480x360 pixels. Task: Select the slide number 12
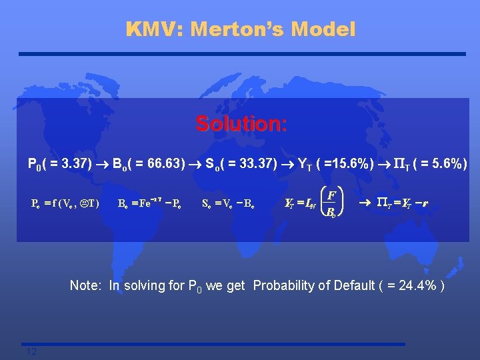click(x=31, y=351)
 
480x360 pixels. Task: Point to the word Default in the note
click(x=352, y=285)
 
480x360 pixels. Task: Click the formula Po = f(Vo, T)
click(x=65, y=203)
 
